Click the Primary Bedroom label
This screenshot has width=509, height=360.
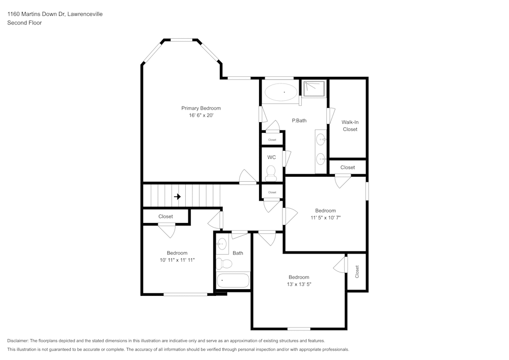(x=201, y=108)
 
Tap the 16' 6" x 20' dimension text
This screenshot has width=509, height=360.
(x=201, y=116)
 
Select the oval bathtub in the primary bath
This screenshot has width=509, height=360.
(x=281, y=93)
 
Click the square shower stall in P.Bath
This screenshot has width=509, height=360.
(x=315, y=89)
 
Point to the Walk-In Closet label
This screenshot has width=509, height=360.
(x=350, y=126)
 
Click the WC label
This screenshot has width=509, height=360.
(x=271, y=157)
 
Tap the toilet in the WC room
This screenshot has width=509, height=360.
(x=271, y=173)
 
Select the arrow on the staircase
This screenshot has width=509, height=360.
(x=177, y=197)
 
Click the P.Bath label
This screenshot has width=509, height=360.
(x=299, y=121)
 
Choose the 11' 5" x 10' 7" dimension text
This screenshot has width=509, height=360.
(x=325, y=217)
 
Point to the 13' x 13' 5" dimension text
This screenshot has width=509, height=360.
(x=299, y=285)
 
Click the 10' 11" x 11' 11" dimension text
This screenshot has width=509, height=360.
(x=177, y=260)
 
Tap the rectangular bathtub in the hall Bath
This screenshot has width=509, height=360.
(x=233, y=281)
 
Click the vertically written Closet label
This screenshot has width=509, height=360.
(x=357, y=271)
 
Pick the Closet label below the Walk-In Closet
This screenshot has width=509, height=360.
(x=348, y=168)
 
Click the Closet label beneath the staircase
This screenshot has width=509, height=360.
(x=165, y=216)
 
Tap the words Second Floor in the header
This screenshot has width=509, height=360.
(x=24, y=22)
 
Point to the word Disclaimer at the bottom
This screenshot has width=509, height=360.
(x=18, y=341)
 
